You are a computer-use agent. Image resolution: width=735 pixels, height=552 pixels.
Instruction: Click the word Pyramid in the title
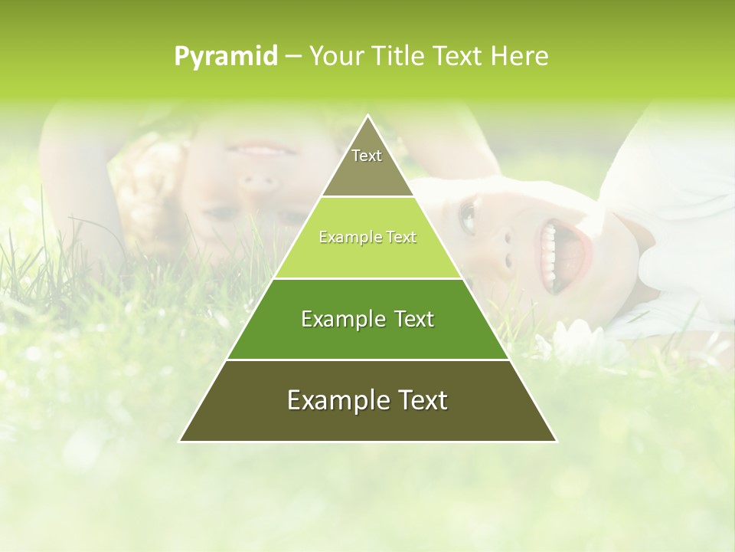point(225,57)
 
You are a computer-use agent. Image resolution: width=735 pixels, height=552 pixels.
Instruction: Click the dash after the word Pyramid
point(292,57)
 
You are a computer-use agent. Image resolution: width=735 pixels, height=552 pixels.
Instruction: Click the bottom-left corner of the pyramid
point(181,441)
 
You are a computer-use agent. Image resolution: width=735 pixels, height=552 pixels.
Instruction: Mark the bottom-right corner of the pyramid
point(556,441)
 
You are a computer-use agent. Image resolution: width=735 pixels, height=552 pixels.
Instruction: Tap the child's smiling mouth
point(253,148)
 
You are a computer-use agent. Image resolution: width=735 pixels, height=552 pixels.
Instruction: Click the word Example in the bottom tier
point(329,400)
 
